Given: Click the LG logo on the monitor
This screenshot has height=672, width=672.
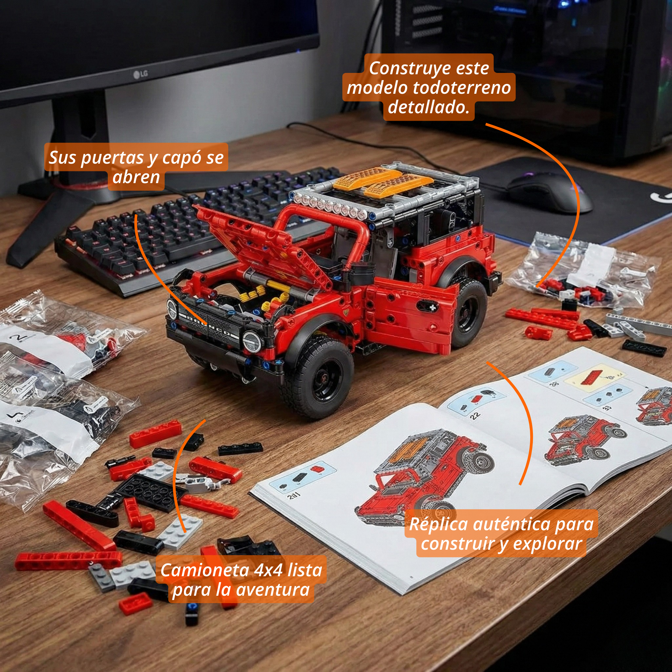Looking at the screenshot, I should pyautogui.click(x=140, y=74).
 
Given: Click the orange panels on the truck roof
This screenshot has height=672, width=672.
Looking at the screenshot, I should pyautogui.click(x=383, y=181).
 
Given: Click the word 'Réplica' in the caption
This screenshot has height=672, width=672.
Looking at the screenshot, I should pyautogui.click(x=438, y=524).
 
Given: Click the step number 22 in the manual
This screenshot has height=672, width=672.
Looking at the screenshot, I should pyautogui.click(x=475, y=415).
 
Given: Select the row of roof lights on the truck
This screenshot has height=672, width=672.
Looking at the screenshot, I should pyautogui.click(x=327, y=205).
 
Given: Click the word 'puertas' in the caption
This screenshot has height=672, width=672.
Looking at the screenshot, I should pyautogui.click(x=113, y=158).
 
